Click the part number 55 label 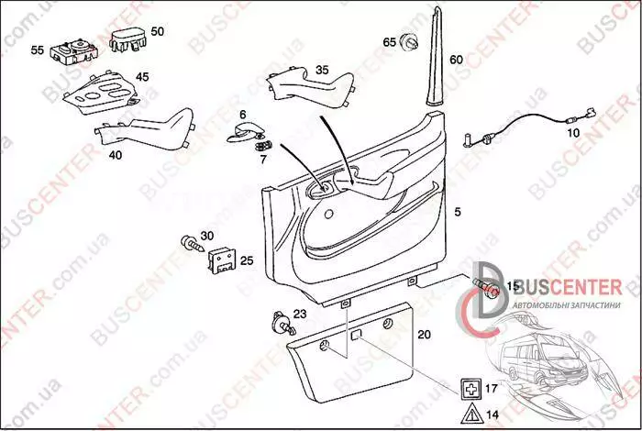point(37,50)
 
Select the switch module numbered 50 point(128,40)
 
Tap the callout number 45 point(142,77)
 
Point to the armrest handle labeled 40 point(145,129)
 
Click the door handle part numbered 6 point(245,132)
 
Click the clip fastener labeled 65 point(409,42)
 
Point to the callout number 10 point(573,133)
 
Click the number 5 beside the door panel point(458,212)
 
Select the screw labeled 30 point(192,244)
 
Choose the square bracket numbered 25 point(222,260)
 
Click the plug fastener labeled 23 point(282,323)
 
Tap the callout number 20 point(424,335)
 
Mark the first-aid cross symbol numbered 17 point(470,389)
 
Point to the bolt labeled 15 point(485,287)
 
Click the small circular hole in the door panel point(328,214)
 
